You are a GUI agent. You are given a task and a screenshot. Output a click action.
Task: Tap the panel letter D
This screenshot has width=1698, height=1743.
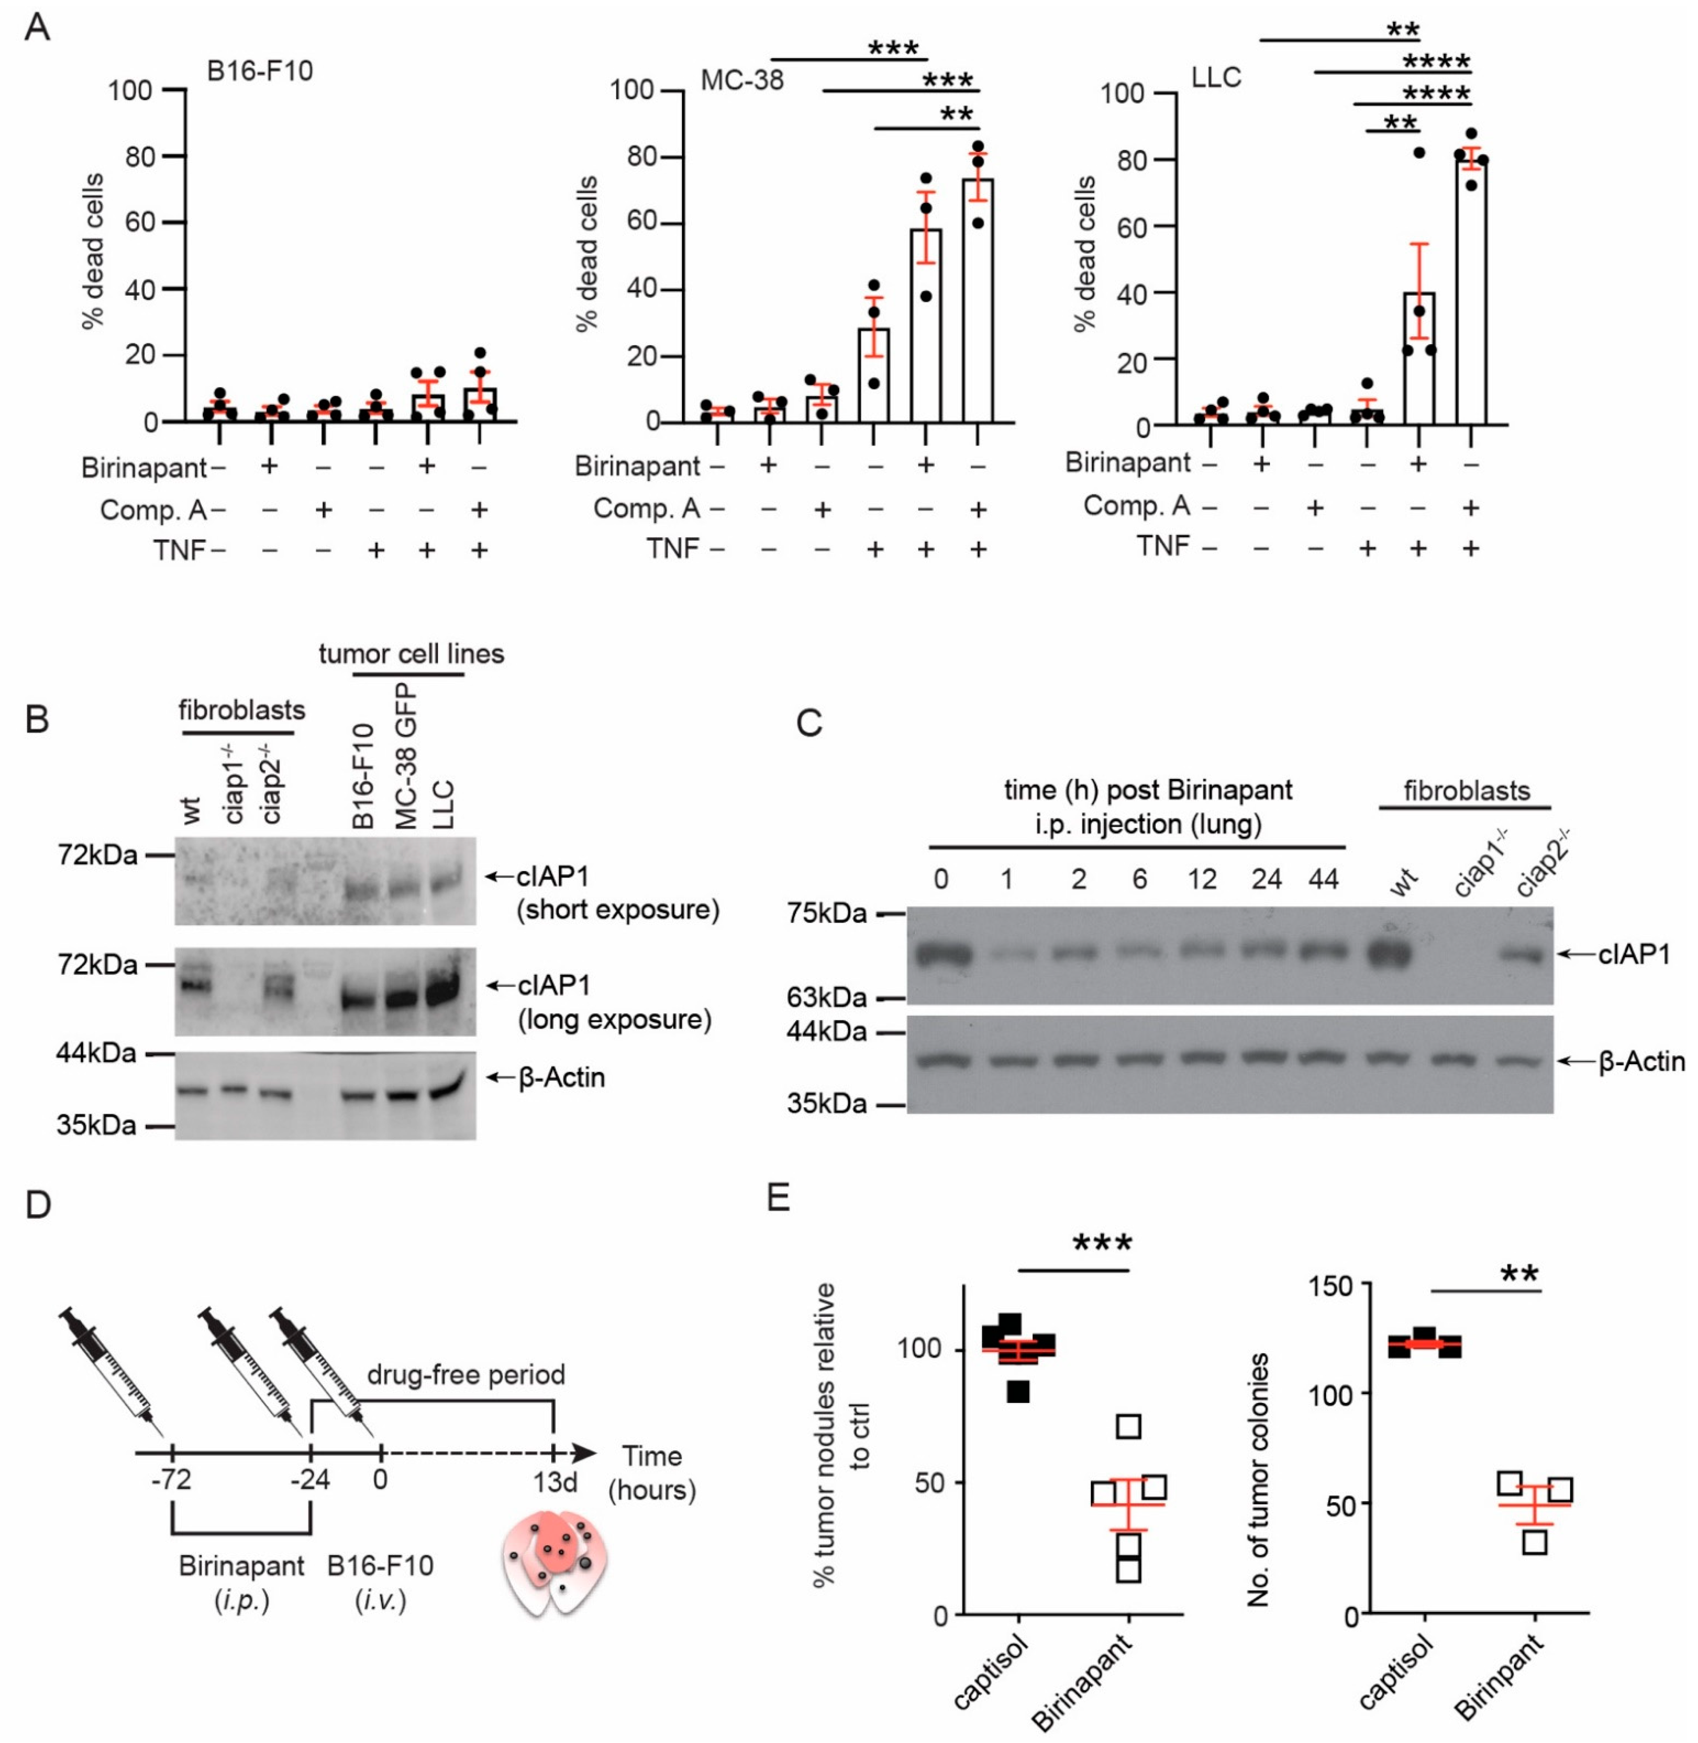click(x=38, y=1204)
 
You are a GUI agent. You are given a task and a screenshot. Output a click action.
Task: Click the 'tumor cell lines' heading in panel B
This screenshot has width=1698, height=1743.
click(x=411, y=654)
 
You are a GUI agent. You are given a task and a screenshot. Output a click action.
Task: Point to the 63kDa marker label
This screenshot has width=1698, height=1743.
click(x=827, y=996)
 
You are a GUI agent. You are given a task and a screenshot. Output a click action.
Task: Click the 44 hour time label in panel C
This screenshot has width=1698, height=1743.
click(x=1322, y=880)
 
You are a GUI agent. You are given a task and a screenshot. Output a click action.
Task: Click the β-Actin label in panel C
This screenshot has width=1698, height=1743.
click(x=1641, y=1061)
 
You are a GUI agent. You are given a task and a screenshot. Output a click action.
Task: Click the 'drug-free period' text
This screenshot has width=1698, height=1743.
click(x=466, y=1375)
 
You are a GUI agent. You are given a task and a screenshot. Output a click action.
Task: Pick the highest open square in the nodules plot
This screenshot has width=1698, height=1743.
click(x=1129, y=1426)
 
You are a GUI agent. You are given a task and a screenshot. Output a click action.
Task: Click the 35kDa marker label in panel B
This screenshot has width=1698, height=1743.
click(x=97, y=1126)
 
